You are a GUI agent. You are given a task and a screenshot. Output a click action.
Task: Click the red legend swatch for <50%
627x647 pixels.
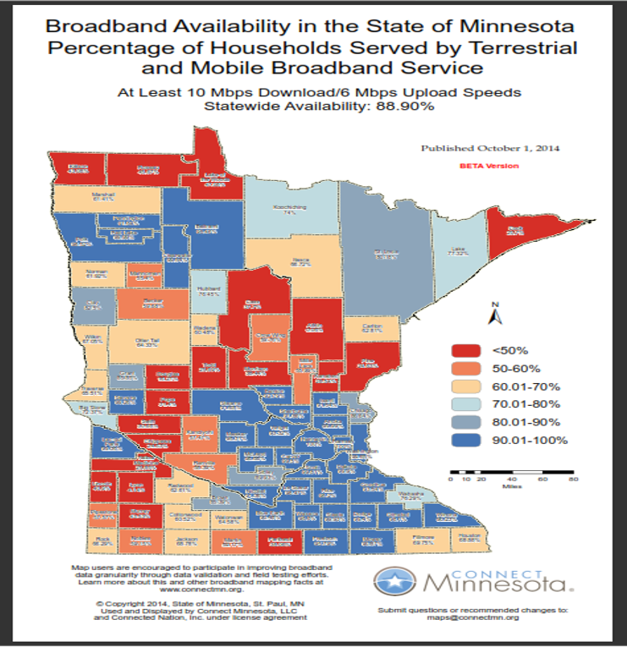465,350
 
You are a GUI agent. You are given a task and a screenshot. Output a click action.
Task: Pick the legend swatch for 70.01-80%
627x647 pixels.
465,403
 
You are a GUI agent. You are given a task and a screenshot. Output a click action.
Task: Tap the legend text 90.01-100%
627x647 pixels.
525,439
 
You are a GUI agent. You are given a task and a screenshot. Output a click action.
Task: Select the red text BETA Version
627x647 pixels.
489,167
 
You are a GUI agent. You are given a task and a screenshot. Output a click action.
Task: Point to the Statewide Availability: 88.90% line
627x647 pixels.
312,106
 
